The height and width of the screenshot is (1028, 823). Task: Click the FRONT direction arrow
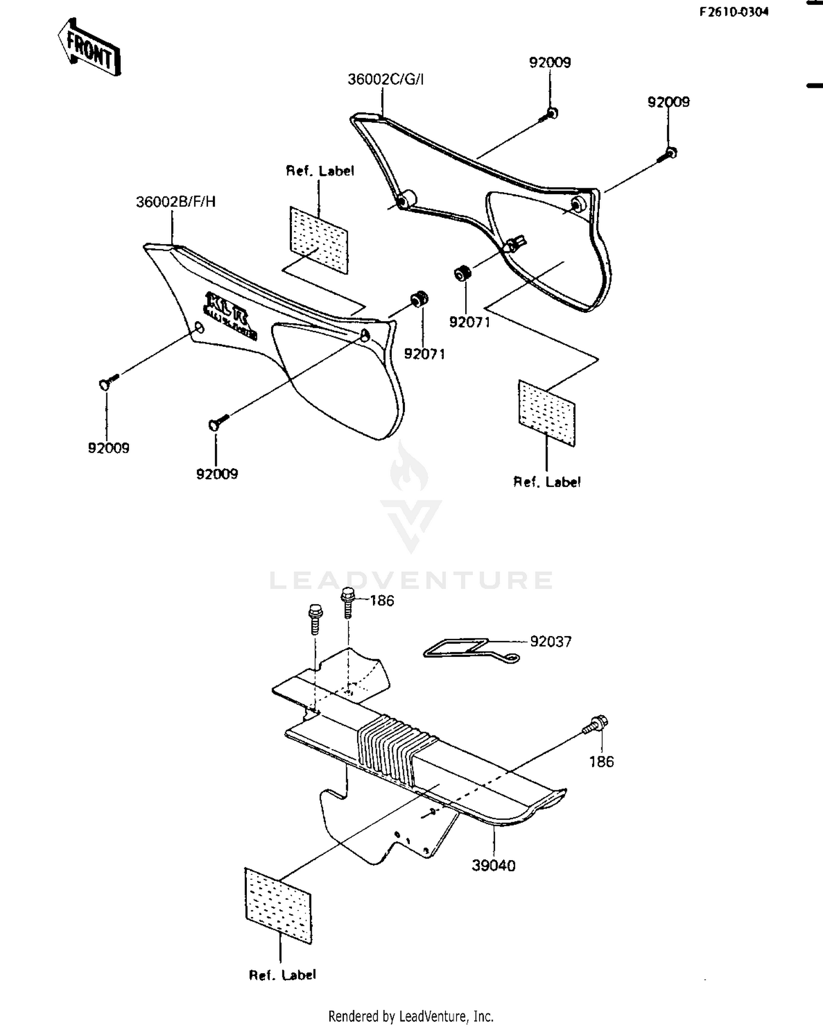89,48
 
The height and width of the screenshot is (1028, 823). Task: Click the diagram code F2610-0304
733,12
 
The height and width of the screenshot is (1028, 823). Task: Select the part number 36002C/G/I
386,80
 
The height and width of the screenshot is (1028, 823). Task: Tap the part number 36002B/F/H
176,202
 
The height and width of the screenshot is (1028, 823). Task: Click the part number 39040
493,866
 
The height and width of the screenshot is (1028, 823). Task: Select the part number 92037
550,642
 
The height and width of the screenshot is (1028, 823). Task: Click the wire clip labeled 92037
466,649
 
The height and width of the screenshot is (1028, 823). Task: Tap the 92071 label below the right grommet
470,322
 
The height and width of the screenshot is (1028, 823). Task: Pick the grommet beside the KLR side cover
420,299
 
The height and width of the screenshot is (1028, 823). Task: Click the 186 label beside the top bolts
382,601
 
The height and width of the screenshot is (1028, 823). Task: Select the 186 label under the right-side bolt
601,762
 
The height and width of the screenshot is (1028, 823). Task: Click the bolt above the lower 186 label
596,724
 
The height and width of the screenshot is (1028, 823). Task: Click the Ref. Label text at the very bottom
283,975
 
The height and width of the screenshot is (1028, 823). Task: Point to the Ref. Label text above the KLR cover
320,171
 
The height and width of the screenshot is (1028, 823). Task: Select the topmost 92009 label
550,63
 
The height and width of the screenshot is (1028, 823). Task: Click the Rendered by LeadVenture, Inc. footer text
410,1016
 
